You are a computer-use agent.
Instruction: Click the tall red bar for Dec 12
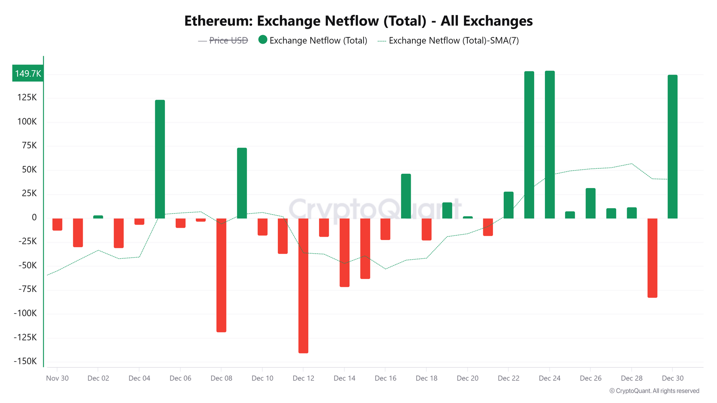click(303, 286)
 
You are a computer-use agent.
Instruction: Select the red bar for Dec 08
click(221, 275)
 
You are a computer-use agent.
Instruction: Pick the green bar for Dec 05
click(160, 159)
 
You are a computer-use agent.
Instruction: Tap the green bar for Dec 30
click(673, 147)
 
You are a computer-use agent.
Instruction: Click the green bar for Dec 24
click(550, 144)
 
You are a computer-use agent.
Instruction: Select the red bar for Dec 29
click(652, 258)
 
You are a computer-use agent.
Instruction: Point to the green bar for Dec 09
click(242, 183)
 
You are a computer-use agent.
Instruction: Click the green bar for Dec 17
click(406, 196)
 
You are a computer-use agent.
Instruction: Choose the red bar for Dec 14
click(345, 253)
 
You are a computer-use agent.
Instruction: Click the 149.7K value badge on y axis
click(28, 73)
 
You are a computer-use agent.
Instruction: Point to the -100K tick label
click(25, 313)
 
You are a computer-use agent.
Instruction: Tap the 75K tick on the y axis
click(29, 145)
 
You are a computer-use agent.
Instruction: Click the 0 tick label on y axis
click(34, 217)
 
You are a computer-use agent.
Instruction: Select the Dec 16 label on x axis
click(385, 378)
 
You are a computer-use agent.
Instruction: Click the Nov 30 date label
click(57, 378)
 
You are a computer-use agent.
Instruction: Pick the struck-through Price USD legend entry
click(228, 40)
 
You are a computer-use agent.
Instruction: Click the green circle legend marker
click(263, 40)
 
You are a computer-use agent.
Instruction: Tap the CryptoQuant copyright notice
click(654, 391)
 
